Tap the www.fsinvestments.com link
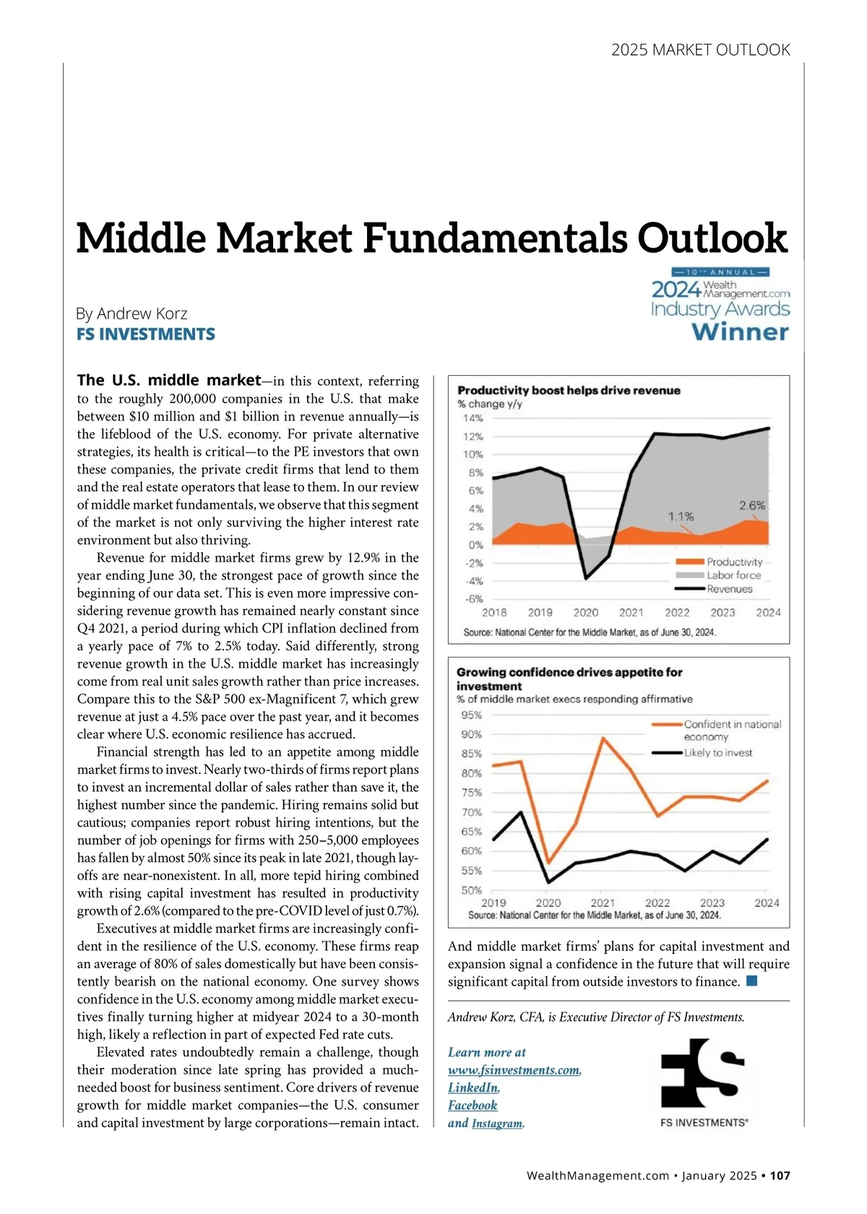point(514,1070)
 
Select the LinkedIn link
point(473,1088)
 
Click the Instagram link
point(497,1124)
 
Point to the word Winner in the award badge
point(740,332)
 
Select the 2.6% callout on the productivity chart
point(751,506)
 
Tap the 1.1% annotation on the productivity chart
point(681,517)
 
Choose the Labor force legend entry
point(733,575)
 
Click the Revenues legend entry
point(729,589)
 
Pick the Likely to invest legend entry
point(717,753)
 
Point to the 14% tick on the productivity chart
point(473,418)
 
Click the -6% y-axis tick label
point(473,599)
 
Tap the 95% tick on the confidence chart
point(471,715)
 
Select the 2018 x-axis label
point(494,613)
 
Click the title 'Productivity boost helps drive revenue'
point(569,390)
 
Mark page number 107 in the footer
point(780,1176)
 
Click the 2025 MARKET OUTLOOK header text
point(700,50)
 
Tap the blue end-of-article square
point(752,981)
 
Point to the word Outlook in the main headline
point(712,238)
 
